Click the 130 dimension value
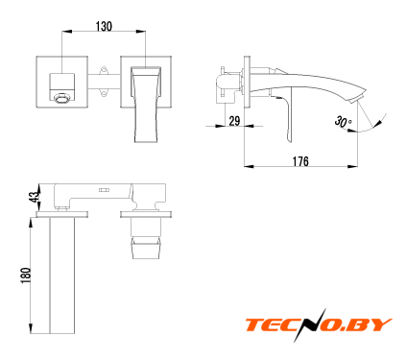104,27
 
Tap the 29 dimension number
234,121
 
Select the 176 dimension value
300,161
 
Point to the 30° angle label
344,122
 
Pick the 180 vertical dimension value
26,276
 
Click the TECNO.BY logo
319,324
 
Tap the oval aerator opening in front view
61,98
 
